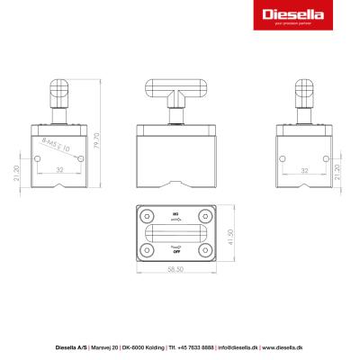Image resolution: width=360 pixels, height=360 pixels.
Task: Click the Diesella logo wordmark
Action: pos(290,15)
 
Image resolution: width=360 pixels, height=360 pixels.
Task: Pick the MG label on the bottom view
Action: pos(176,215)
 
